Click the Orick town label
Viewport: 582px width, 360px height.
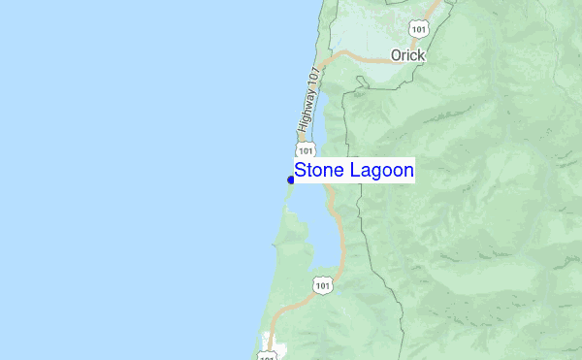407,55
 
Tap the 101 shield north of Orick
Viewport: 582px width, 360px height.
419,28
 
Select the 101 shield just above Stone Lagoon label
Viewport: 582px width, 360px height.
306,152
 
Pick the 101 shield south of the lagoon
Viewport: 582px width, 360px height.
323,285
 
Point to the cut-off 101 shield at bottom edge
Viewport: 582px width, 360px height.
267,356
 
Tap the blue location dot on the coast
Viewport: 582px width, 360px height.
291,180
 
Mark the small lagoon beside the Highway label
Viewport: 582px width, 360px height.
327,102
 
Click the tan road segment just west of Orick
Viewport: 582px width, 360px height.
364,59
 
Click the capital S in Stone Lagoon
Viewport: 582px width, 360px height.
301,172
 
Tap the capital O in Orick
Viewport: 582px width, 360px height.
396,55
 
